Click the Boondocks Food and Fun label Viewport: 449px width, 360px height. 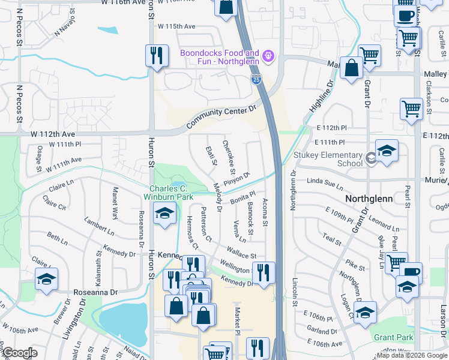click(220, 57)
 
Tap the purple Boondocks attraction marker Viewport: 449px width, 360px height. click(268, 57)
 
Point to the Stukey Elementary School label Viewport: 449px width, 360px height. click(328, 159)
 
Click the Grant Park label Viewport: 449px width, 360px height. click(393, 337)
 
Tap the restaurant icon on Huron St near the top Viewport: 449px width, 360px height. click(157, 56)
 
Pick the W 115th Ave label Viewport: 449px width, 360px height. click(176, 26)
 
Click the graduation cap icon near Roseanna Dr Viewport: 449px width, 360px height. click(46, 279)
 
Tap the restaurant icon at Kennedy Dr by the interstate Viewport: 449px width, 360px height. click(264, 272)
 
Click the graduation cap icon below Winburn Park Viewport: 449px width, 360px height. click(164, 214)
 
